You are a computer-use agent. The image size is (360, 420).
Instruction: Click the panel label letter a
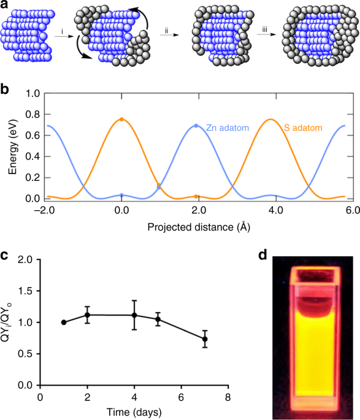6,6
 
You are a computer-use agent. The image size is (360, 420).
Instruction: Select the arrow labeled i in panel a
60,37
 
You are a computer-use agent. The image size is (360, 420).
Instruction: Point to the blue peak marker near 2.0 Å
196,126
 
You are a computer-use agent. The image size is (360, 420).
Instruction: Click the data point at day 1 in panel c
64,322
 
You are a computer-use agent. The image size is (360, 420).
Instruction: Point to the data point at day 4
134,315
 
